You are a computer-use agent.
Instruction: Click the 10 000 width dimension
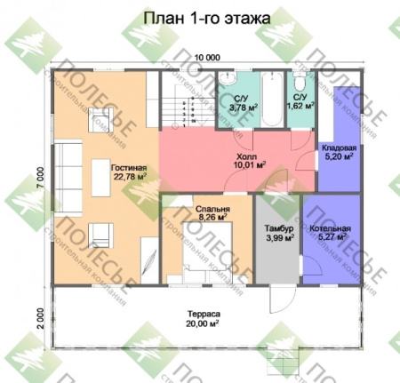tap(207, 55)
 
